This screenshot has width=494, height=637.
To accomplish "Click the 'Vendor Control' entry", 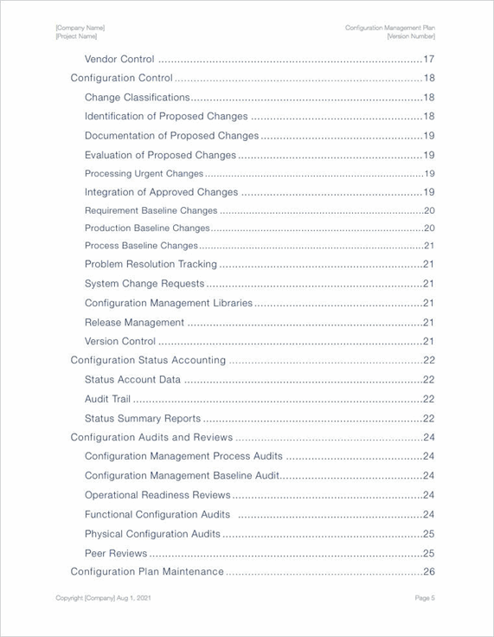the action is point(119,59).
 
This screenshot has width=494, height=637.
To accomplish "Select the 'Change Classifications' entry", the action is point(137,97).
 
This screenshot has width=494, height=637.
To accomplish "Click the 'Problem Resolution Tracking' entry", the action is point(144,264).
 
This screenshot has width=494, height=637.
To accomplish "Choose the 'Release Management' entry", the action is point(134,322).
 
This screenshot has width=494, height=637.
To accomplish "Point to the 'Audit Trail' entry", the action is point(108,399).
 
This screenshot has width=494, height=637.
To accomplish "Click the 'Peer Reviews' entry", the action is point(115,553).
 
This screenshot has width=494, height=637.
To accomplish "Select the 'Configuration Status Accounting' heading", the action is point(148,360).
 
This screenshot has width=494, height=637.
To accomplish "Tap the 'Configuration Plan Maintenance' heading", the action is point(147,571).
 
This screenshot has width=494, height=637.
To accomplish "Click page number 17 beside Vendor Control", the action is point(428,59).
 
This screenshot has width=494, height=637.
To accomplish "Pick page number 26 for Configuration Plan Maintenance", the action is point(428,571).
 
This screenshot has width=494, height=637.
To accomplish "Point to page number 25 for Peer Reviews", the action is point(428,553).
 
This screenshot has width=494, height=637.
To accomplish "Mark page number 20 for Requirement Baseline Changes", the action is point(428,210).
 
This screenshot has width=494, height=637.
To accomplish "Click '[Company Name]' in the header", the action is point(80,29).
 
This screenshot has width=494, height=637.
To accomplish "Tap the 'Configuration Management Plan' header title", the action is point(389,29).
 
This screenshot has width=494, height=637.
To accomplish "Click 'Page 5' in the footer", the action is point(425,598).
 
